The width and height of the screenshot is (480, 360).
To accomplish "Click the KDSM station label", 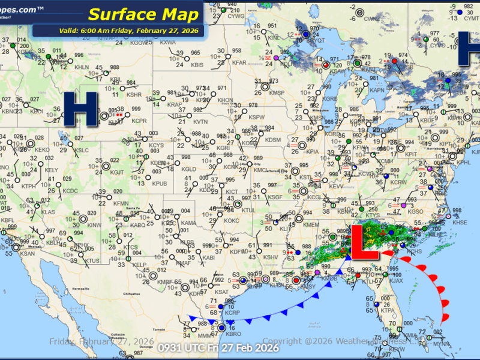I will (273, 140).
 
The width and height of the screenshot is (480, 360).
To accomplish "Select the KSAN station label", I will (28, 253).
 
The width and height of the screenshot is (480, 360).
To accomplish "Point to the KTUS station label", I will (92, 261).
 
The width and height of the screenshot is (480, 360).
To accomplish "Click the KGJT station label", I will (117, 173).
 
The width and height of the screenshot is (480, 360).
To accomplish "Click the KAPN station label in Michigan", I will (377, 90).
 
